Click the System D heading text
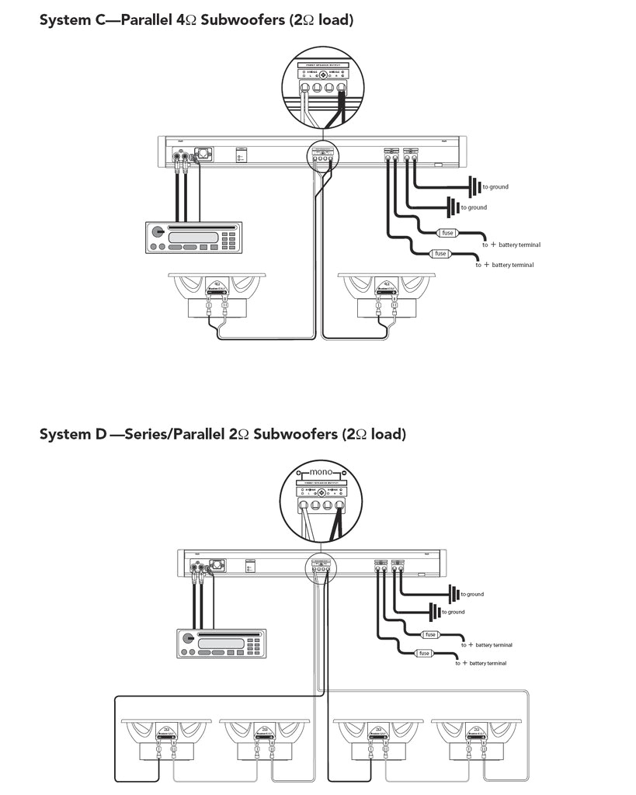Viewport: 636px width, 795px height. pos(222,434)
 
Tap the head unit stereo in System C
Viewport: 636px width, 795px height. pos(193,237)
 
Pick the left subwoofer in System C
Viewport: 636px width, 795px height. pos(217,296)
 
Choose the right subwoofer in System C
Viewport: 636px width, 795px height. pos(388,296)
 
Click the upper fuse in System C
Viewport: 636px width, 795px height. pos(447,233)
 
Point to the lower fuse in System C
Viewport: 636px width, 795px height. pos(440,254)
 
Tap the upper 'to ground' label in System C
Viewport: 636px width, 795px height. pos(495,187)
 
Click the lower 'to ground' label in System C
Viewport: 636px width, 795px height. pos(474,207)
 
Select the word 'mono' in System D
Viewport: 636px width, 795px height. pos(320,472)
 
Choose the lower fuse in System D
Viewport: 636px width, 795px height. pos(423,653)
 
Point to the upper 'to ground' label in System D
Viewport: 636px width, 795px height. pos(472,594)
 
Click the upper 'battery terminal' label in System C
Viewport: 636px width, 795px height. pos(520,245)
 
